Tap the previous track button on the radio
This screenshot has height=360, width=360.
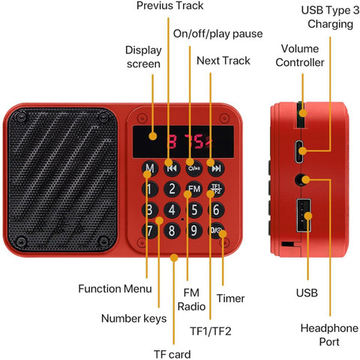(x=172, y=168)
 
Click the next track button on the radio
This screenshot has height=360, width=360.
(x=216, y=168)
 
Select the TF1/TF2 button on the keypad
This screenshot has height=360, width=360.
(x=216, y=189)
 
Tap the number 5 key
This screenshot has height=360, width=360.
(x=194, y=210)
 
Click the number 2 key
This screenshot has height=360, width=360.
(x=172, y=189)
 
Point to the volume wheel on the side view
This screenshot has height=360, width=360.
(x=300, y=115)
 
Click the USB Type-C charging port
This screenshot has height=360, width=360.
(x=299, y=151)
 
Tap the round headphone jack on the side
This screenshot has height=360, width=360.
(x=300, y=179)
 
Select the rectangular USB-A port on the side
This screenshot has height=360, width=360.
(x=304, y=215)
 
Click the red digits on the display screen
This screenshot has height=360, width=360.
(x=190, y=142)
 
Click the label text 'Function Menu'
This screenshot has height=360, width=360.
(x=115, y=289)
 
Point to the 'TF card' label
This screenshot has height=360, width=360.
(x=172, y=354)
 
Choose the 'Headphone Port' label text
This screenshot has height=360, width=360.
(x=329, y=334)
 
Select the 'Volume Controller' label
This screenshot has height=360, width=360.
(x=300, y=55)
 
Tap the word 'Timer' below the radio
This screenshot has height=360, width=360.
(x=230, y=298)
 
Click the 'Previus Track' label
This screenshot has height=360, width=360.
(x=169, y=5)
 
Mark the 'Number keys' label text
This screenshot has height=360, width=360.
(x=133, y=319)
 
